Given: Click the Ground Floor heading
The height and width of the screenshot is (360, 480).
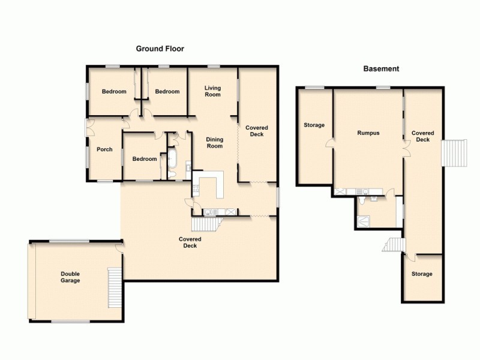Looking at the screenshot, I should pos(160,49).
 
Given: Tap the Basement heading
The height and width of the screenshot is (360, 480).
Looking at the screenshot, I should pos(381,69).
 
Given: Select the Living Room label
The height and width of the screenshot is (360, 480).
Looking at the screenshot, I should pos(212,91).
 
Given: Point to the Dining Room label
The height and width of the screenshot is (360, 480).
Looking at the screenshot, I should pos(214,142).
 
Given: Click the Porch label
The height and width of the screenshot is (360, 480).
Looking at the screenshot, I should pos(104,149).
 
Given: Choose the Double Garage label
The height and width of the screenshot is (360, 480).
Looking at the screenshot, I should pos(70,277).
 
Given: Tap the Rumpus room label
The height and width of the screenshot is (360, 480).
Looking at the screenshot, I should pos(368,133).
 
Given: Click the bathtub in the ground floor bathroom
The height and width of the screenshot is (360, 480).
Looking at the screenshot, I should pos(172,159).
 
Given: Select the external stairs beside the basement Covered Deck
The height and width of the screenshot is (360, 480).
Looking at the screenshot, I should pos(454,153).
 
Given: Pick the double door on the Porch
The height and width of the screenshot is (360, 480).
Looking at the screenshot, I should pos(88,128).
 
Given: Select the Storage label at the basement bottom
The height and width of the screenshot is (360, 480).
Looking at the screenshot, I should pos(421,274).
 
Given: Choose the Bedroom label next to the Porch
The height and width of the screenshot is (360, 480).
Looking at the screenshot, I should pos(145,159).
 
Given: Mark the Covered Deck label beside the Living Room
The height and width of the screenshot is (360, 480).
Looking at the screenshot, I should pos(257,131).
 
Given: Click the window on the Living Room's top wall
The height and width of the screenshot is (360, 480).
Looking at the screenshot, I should pos(213,66).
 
